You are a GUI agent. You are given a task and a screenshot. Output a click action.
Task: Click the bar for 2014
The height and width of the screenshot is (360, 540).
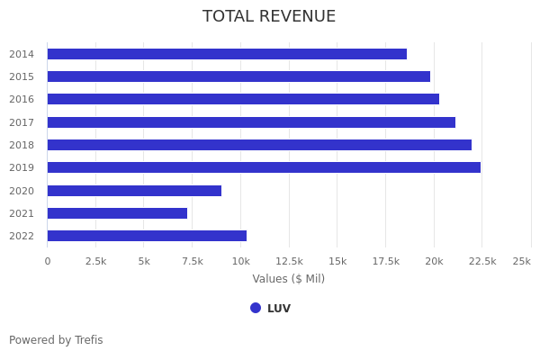[x=227, y=54]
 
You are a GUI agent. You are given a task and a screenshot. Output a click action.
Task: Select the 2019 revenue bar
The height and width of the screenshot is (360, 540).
[x=264, y=167]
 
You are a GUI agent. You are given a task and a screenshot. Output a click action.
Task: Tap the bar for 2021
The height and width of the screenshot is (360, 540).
[x=117, y=213]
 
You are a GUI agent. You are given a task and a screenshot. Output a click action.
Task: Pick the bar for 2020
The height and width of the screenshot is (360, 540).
[x=134, y=191]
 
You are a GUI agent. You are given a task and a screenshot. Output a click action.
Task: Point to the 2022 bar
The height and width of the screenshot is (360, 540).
[x=147, y=236]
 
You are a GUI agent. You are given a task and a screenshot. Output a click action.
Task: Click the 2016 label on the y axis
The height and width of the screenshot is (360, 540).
[x=22, y=99]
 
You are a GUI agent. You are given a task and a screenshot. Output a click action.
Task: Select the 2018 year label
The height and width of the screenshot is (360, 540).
[x=22, y=145]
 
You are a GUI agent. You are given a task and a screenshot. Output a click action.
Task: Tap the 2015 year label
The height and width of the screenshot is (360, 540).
[x=22, y=76]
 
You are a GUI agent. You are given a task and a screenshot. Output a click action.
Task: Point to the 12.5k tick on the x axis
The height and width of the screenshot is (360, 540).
[x=289, y=261]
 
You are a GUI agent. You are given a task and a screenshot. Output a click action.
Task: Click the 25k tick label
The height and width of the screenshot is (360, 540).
[x=521, y=261]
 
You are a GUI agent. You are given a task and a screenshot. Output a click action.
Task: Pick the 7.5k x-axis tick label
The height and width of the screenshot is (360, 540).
[x=193, y=261]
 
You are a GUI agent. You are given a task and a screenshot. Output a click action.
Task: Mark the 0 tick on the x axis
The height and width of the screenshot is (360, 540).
[x=48, y=261]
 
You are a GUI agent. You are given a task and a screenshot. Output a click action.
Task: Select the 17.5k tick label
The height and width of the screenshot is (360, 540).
[x=386, y=261]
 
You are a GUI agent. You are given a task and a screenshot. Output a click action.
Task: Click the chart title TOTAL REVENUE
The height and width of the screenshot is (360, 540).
[x=269, y=17]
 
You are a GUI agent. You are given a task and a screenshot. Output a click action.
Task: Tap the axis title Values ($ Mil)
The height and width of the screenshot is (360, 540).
[x=288, y=279]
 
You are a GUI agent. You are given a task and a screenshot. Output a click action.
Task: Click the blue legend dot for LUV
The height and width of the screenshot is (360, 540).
[x=256, y=308]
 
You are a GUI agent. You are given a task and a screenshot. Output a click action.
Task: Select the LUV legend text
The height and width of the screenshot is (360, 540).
[x=279, y=309]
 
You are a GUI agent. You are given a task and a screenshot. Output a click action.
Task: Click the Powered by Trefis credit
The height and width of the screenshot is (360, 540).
[x=56, y=340]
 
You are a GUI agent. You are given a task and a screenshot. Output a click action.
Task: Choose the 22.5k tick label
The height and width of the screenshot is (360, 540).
[x=482, y=261]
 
